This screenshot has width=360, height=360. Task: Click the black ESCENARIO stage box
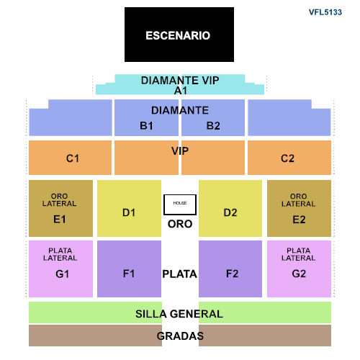tap(179, 35)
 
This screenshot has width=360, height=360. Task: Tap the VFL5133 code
tap(325, 12)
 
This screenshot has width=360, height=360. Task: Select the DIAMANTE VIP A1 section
tap(180, 84)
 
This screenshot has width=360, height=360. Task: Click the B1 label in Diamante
tap(146, 126)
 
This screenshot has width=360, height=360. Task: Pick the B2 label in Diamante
tap(213, 126)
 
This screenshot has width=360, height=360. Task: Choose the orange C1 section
tap(70, 158)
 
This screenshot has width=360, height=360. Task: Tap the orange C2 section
tap(289, 158)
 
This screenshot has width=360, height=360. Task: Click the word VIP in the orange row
tap(180, 151)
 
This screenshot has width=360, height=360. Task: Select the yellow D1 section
tap(129, 208)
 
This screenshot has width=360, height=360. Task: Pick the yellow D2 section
tap(230, 208)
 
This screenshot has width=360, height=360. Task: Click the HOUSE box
tap(180, 204)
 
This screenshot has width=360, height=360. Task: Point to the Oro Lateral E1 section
tap(60, 208)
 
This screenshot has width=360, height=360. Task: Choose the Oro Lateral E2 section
tap(299, 208)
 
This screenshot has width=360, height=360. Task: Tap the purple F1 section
tap(129, 269)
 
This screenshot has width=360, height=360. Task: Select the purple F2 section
tap(230, 269)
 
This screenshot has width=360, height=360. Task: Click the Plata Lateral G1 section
tap(60, 269)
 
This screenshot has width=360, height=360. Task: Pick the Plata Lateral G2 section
tap(299, 269)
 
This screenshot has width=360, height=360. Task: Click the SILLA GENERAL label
tap(179, 314)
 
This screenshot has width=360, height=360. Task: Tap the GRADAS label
tap(180, 336)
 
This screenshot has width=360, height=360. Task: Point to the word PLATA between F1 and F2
tap(179, 274)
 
